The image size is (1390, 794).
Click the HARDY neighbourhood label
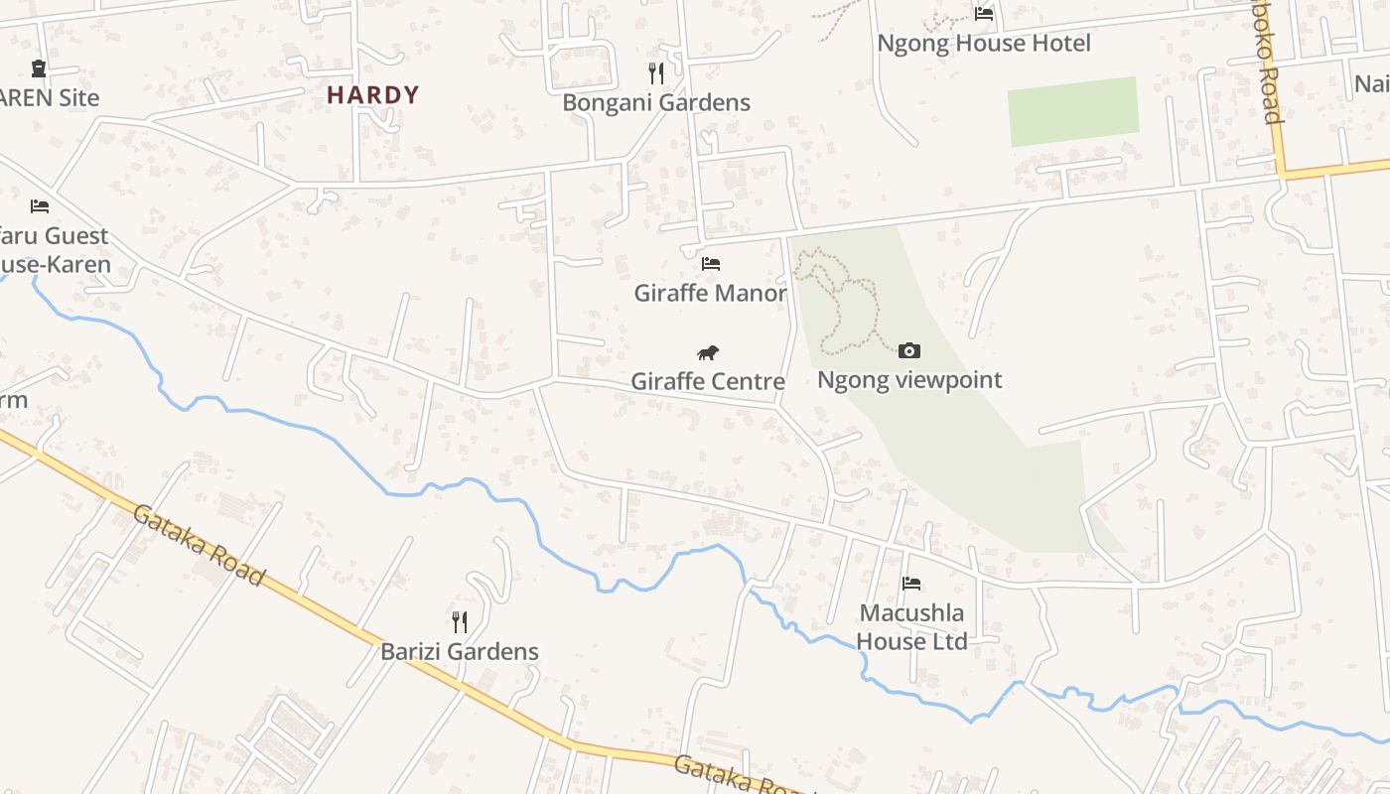373,95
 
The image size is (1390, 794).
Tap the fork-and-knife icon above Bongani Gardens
655,72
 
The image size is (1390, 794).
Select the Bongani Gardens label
655,102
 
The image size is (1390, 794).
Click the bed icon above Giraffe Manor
710,264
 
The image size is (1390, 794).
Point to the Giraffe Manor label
710,293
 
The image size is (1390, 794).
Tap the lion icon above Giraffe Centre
708,352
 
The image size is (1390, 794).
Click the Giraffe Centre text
708,381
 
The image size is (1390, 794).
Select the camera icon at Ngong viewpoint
908,350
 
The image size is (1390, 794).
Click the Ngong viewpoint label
908,380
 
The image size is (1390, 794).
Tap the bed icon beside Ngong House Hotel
984,14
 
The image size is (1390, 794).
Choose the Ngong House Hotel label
983,44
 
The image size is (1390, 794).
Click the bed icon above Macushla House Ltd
911,583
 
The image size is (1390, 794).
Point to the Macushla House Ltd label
911,627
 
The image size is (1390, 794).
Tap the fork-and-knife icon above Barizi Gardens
460,622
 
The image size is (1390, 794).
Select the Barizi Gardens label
460,652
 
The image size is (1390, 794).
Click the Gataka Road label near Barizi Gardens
199,545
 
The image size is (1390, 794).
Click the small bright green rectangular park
1073,110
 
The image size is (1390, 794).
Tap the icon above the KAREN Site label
39,68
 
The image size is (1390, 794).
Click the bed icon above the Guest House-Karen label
40,205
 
